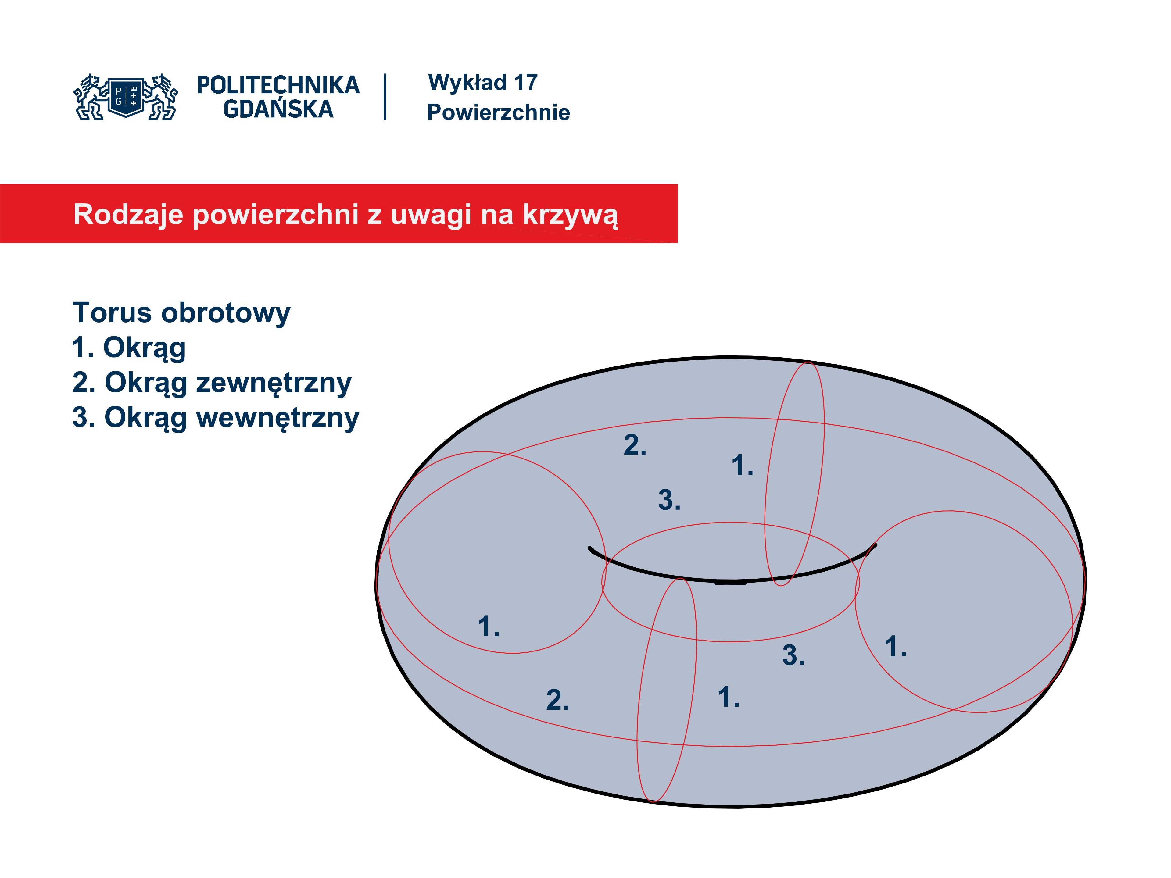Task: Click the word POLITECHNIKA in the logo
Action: click(x=278, y=85)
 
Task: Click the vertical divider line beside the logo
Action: click(x=385, y=97)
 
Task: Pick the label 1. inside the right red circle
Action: click(x=896, y=647)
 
